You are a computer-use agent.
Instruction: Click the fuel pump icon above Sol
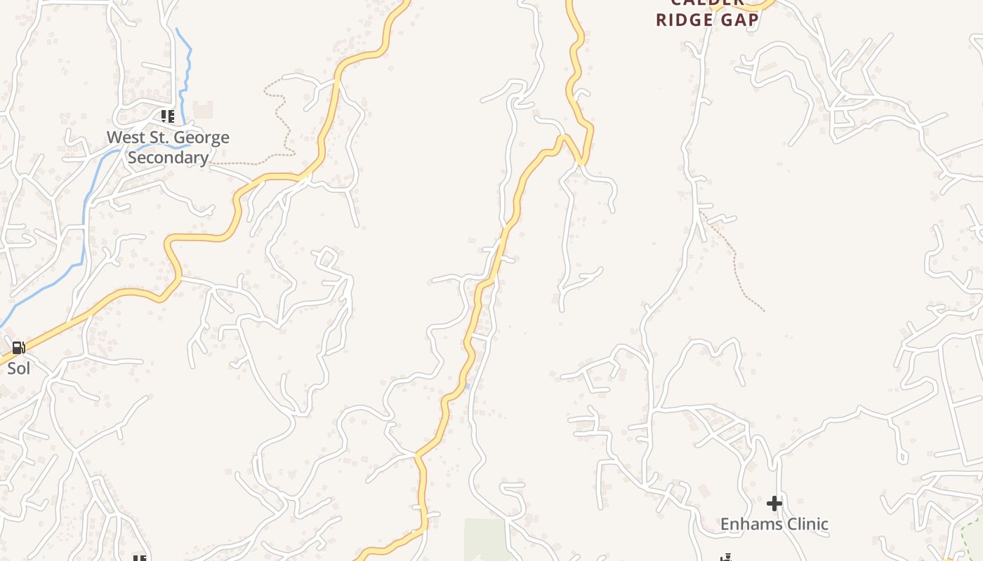(18, 348)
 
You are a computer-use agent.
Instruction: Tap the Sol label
(18, 367)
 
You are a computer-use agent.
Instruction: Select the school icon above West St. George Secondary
(167, 116)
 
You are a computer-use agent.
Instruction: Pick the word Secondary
(169, 158)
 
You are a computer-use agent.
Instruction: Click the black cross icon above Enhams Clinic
(774, 503)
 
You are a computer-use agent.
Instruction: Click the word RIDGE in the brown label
(681, 20)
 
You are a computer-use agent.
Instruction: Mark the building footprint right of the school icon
(202, 109)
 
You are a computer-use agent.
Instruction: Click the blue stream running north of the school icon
(186, 70)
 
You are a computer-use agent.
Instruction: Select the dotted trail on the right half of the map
(734, 259)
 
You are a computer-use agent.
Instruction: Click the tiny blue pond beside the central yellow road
(467, 386)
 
